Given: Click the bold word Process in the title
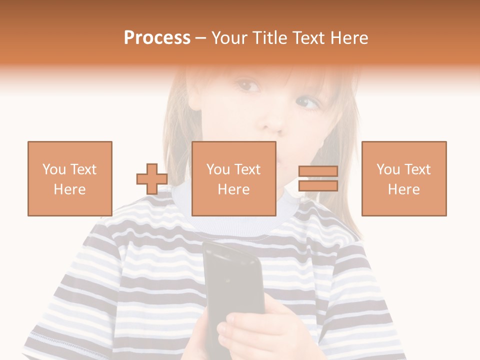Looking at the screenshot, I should pos(157,38).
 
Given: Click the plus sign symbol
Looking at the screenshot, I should pos(152,179).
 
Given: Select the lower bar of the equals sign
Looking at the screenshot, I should pos(318,186).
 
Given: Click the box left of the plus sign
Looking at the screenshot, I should pos(69,178).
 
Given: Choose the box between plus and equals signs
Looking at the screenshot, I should pos(233,178).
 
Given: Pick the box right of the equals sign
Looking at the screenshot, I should pos(403,178).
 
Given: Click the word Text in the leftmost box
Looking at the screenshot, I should pos(83,169).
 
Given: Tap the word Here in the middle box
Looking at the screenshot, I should pos(233,189).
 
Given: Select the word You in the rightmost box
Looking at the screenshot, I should pos(388,169).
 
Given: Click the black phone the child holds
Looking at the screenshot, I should pos(233,285).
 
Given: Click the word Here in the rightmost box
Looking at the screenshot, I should pos(403,189).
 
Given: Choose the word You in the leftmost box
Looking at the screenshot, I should pos(54,169).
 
